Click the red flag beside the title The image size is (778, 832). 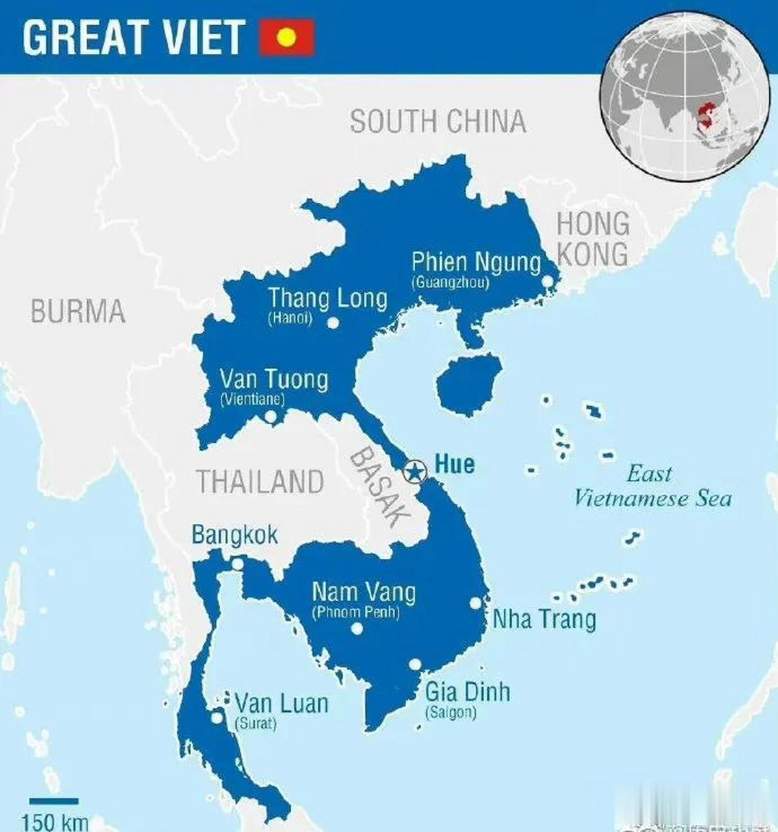(287, 38)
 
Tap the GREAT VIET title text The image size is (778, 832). (133, 37)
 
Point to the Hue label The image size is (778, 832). (454, 464)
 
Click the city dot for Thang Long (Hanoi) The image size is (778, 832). (333, 322)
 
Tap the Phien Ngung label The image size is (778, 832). (476, 263)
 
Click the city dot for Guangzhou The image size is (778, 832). (547, 281)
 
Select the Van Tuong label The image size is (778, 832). (274, 380)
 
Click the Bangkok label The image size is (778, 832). (235, 535)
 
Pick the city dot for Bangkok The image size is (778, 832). (238, 564)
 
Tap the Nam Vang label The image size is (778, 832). (363, 592)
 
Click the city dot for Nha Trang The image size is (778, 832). (476, 603)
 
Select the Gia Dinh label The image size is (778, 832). (467, 692)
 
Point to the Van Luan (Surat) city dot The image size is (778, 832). (216, 718)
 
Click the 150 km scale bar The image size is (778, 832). (53, 801)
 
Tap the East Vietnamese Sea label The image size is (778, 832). (651, 486)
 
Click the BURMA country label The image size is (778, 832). (77, 312)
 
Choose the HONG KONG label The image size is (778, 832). (593, 239)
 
